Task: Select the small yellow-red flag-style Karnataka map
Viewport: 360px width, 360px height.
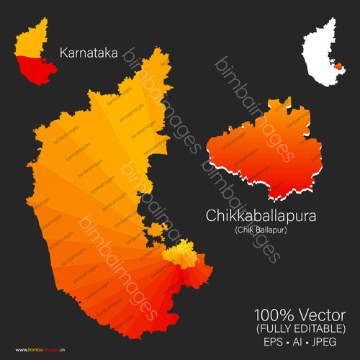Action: [30, 58]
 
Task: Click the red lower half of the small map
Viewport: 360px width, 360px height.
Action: [32, 71]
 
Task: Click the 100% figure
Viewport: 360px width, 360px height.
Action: [271, 315]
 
